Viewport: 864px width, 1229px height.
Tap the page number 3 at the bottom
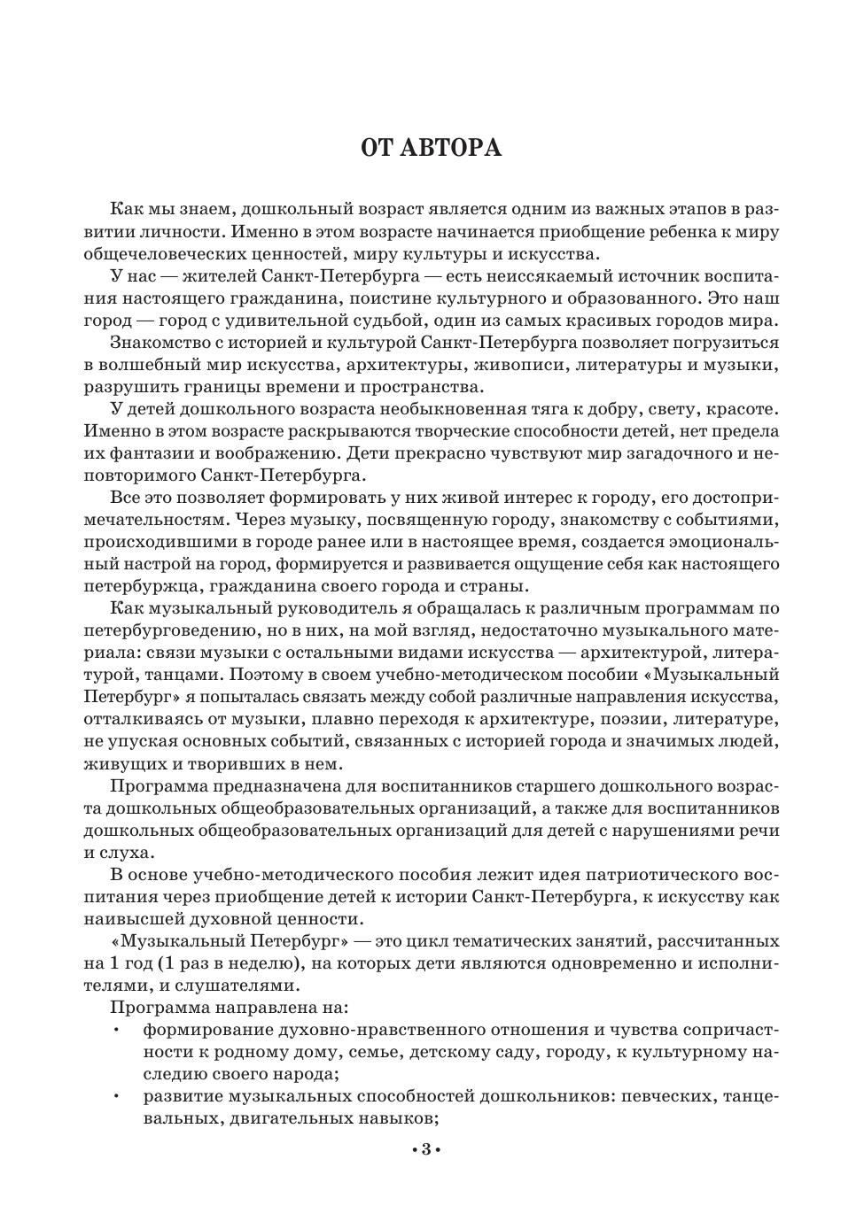(x=425, y=1150)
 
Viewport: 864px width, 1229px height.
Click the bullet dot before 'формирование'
(x=115, y=1030)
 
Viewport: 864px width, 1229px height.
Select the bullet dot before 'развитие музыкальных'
(x=115, y=1096)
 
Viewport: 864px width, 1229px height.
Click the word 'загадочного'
(x=682, y=453)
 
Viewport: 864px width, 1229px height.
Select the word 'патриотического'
(x=625, y=875)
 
